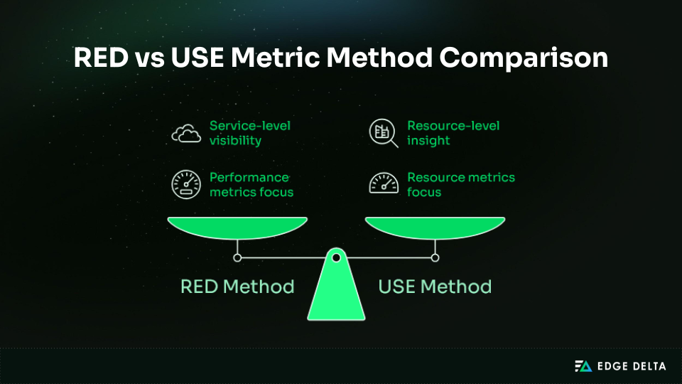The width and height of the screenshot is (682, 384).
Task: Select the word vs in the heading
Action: pos(148,57)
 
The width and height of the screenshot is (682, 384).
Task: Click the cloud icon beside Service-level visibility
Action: pos(185,133)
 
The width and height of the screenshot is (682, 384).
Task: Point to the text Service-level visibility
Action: pos(249,133)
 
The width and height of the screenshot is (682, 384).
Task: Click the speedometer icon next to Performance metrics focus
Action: pos(185,185)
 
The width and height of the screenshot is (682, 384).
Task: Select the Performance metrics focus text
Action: pos(251,185)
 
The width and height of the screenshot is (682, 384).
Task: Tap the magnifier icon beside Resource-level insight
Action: pos(384,133)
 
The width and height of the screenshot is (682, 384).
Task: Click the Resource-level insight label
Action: pos(453,133)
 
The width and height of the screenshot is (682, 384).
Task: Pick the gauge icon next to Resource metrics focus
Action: pos(384,185)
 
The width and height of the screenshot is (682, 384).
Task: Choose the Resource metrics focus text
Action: pos(460,185)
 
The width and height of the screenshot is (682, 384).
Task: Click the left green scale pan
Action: pos(237,229)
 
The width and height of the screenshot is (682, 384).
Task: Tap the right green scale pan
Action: pos(435,229)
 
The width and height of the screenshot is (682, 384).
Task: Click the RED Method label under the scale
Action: pos(237,287)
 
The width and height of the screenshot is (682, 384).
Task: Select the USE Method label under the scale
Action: pos(435,287)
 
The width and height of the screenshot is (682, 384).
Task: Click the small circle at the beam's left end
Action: pos(237,257)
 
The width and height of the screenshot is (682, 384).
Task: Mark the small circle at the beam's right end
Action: pos(435,257)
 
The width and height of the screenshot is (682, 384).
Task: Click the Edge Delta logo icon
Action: pos(583,366)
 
